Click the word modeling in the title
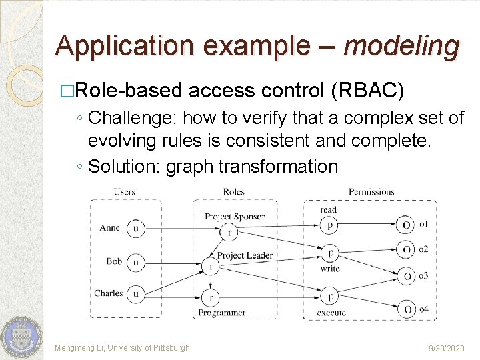[401, 45]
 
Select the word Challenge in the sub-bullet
[129, 119]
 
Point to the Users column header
[124, 192]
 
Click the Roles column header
[234, 192]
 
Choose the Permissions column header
[371, 192]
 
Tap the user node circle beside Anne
[136, 228]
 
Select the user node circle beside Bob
[136, 262]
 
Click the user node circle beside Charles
[136, 293]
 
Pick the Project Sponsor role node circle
[229, 232]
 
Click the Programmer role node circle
[211, 298]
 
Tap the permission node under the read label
[329, 225]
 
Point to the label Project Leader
[245, 255]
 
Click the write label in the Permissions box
[329, 269]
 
